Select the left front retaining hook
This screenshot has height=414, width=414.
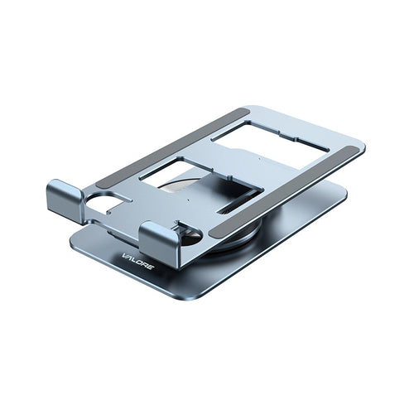click(66, 199)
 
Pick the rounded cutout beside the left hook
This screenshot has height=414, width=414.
click(105, 203)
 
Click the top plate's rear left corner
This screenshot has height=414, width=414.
click(248, 108)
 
